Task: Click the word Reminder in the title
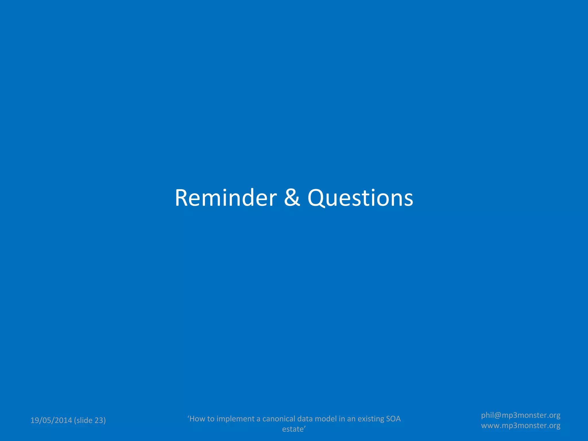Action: pos(226,198)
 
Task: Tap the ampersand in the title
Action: pos(292,198)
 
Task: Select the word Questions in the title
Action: pos(360,198)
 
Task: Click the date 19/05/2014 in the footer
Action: pos(51,420)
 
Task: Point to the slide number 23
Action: pos(98,420)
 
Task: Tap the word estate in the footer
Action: pos(293,429)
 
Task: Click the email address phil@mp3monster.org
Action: pos(521,415)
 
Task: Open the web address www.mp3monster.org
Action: pos(521,425)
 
